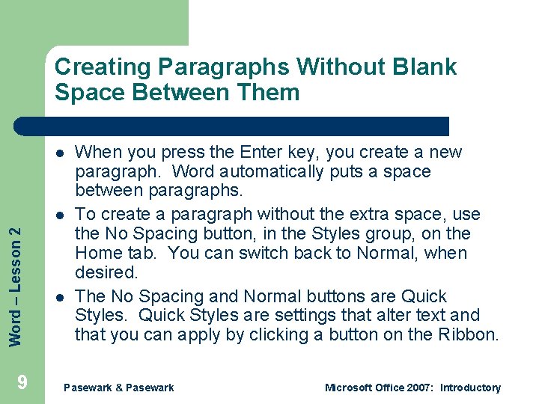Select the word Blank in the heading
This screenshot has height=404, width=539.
(x=427, y=67)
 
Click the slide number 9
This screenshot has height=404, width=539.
(x=22, y=383)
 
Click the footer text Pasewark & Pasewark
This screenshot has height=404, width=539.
(x=119, y=388)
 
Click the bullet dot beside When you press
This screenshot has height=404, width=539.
(x=58, y=153)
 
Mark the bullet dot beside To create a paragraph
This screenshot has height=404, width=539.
(x=58, y=214)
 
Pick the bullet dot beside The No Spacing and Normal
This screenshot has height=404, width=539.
(x=58, y=297)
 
